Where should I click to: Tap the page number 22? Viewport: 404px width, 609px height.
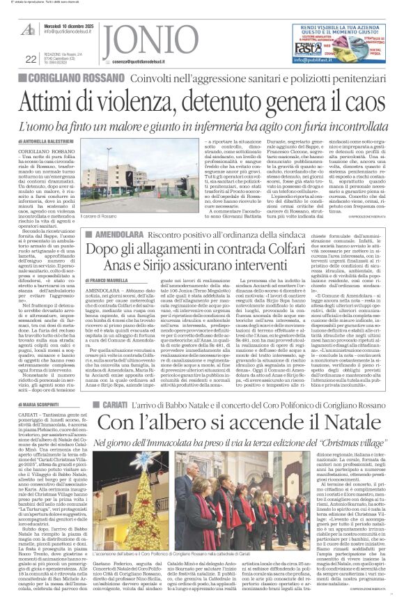30,59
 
